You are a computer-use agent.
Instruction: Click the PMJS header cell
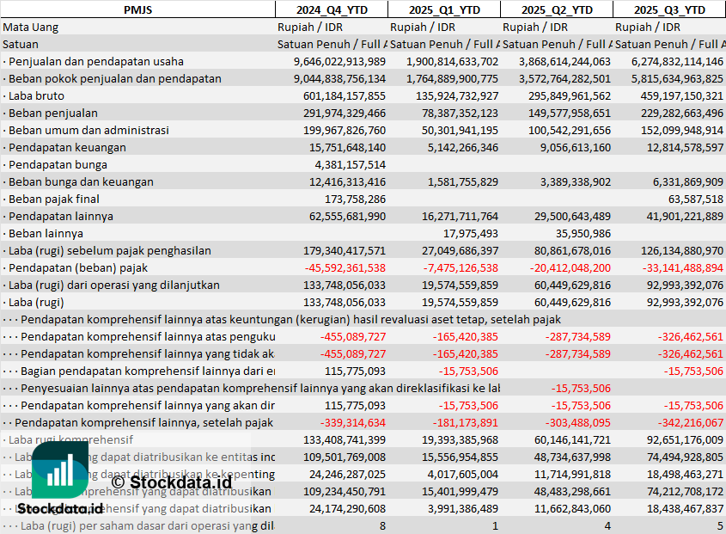pyautogui.click(x=137, y=9)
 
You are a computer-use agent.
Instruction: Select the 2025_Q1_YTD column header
pyautogui.click(x=442, y=9)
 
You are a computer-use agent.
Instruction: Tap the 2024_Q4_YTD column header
pyautogui.click(x=331, y=9)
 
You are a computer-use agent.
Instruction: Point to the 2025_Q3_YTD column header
pyautogui.click(x=669, y=9)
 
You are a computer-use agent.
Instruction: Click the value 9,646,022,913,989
pyautogui.click(x=339, y=61)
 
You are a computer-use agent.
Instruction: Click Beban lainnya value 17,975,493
pyautogui.click(x=470, y=233)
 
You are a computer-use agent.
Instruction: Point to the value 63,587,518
pyautogui.click(x=696, y=199)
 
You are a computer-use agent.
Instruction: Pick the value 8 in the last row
pyautogui.click(x=381, y=525)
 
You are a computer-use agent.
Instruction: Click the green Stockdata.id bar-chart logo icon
pyautogui.click(x=59, y=472)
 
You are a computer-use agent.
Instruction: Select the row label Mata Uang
pyautogui.click(x=30, y=27)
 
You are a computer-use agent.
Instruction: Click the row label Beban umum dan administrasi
pyautogui.click(x=88, y=130)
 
